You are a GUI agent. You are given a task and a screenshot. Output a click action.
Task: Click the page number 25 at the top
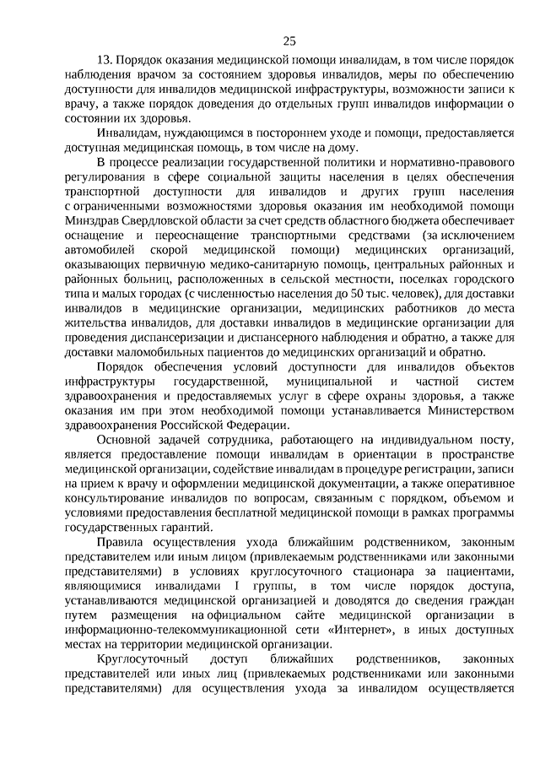pos(289,40)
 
